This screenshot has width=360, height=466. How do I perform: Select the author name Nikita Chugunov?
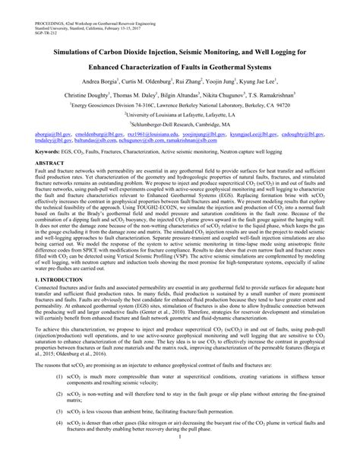[223, 97]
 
